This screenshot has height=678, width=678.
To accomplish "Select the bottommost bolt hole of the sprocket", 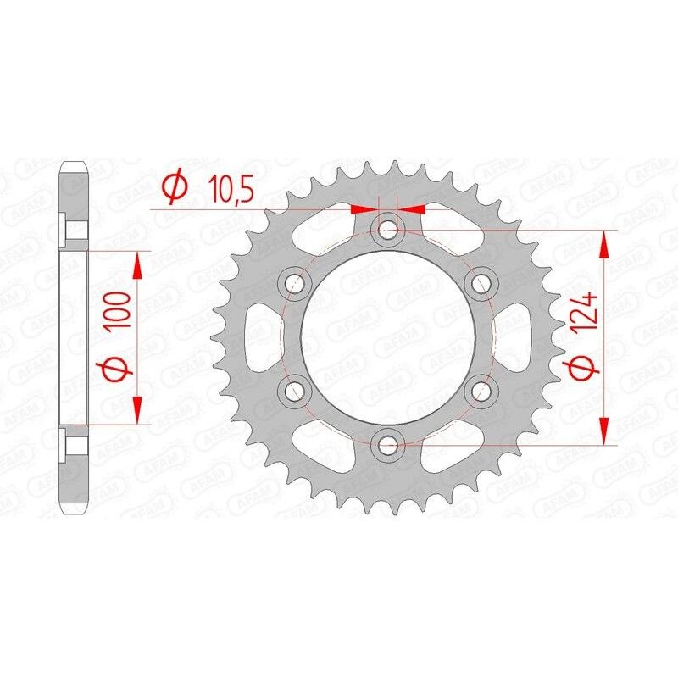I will tap(388, 443).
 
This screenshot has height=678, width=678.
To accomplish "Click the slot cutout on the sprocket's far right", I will tap(519, 336).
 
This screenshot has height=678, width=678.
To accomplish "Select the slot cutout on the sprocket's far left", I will tap(258, 336).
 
